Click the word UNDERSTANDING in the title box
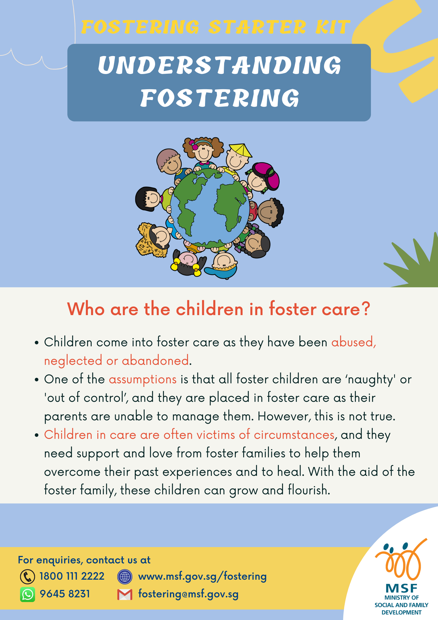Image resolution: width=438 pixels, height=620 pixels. click(x=220, y=65)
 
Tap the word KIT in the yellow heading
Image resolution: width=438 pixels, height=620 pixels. click(x=333, y=27)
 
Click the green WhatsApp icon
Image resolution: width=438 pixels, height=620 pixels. click(x=28, y=594)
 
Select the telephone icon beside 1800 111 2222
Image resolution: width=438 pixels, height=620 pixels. click(x=28, y=577)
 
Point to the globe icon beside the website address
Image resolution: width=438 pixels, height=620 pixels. click(x=125, y=577)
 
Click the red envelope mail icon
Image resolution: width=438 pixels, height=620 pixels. click(x=125, y=594)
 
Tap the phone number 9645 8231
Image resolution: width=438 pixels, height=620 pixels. click(x=65, y=594)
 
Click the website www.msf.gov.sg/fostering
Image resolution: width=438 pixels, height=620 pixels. click(x=203, y=577)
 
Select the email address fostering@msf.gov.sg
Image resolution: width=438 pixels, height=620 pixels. click(x=189, y=594)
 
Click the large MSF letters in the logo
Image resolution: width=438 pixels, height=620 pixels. click(x=401, y=589)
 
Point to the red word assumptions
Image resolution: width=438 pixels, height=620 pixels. click(x=143, y=380)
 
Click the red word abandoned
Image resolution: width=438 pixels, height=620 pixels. click(x=155, y=361)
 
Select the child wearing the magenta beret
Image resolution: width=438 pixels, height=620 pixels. click(x=262, y=178)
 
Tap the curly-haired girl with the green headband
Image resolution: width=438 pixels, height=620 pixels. click(x=203, y=152)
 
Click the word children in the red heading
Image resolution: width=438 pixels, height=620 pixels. click(x=210, y=309)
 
